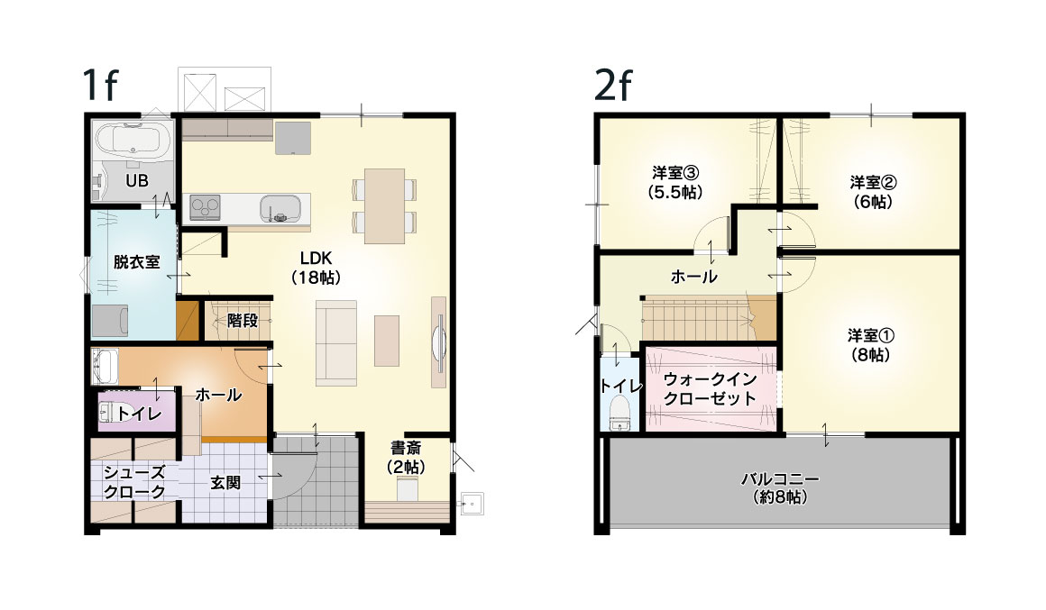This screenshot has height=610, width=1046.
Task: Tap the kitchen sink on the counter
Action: pyautogui.click(x=280, y=208)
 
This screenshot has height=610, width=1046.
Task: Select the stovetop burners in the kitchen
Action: pyautogui.click(x=205, y=207)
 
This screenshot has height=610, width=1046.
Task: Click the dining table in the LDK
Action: pyautogui.click(x=384, y=205)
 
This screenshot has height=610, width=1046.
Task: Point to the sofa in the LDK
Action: pyautogui.click(x=336, y=342)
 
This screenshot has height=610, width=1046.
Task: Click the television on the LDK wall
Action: pyautogui.click(x=439, y=342)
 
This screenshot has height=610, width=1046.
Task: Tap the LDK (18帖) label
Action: pyautogui.click(x=317, y=268)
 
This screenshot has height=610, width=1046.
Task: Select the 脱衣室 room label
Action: pyautogui.click(x=136, y=262)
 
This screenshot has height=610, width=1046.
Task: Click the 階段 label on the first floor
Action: pyautogui.click(x=243, y=321)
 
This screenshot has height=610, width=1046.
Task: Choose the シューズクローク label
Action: pyautogui.click(x=134, y=482)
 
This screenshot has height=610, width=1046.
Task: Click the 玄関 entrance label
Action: pyautogui.click(x=225, y=482)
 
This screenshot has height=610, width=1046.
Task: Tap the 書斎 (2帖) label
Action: pyautogui.click(x=406, y=458)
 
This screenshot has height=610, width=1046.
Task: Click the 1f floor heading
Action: pyautogui.click(x=99, y=84)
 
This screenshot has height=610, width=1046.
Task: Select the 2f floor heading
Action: pyautogui.click(x=612, y=84)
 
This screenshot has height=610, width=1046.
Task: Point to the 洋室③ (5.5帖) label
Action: pyautogui.click(x=675, y=182)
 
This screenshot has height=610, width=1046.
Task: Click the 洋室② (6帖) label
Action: pyautogui.click(x=873, y=191)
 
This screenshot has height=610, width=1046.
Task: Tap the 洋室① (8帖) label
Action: pyautogui.click(x=870, y=345)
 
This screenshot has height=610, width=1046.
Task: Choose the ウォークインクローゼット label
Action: pyautogui.click(x=710, y=388)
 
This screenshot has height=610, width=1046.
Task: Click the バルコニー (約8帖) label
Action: pyautogui.click(x=780, y=487)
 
